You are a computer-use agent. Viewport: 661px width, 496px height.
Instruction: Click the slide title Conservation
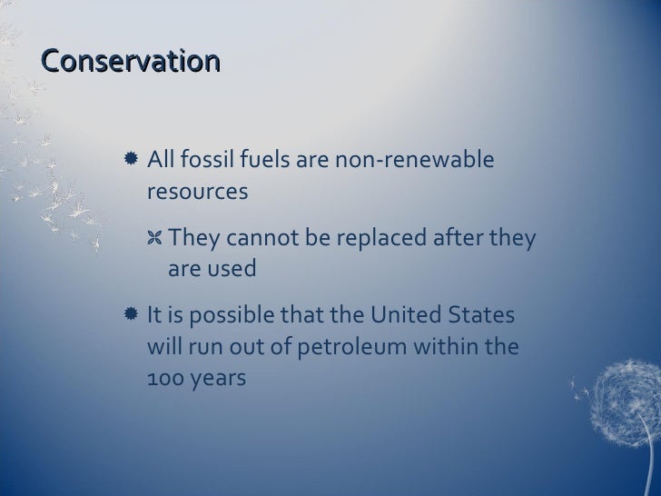131,61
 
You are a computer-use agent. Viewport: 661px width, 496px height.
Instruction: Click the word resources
197,193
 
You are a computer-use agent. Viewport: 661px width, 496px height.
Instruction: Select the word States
481,316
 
